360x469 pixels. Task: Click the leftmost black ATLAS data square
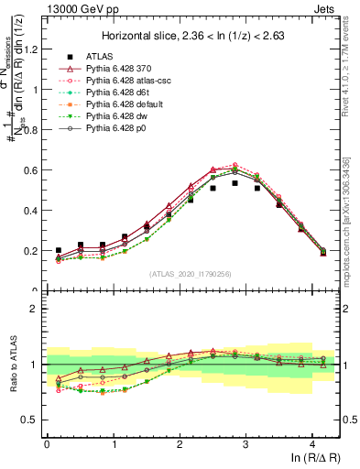click(x=58, y=250)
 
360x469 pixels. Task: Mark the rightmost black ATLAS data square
click(x=322, y=251)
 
